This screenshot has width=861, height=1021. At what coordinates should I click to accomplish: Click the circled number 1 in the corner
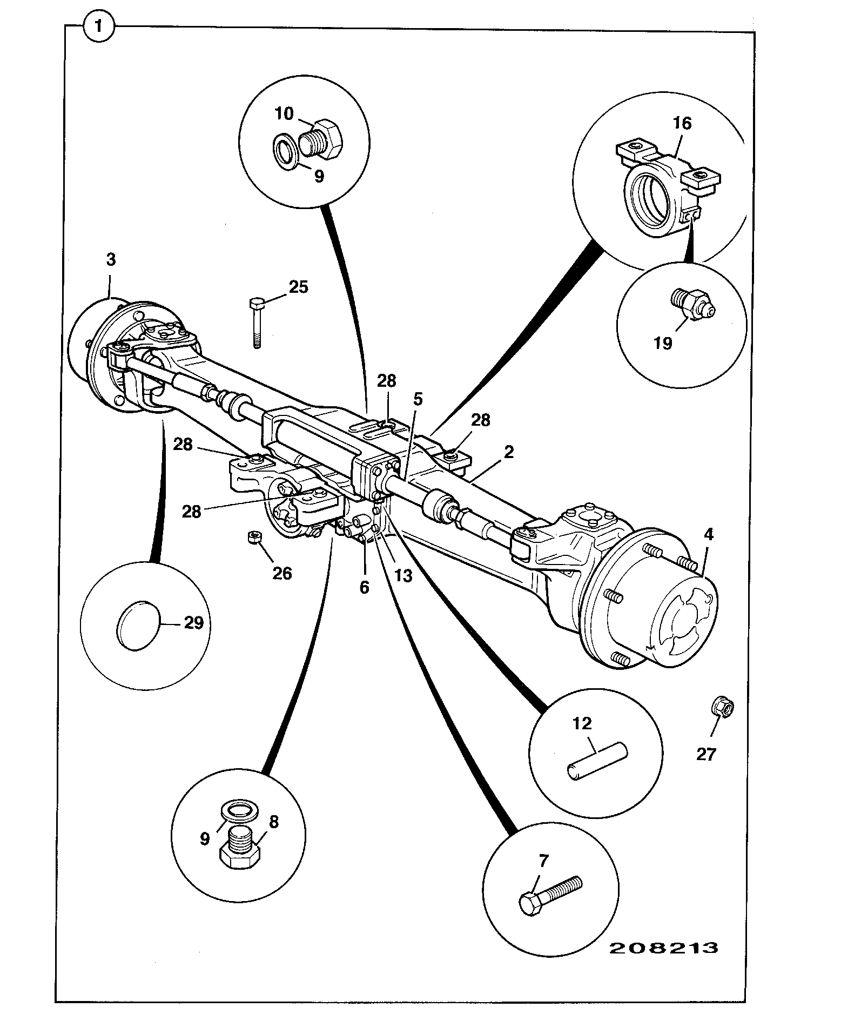pos(99,28)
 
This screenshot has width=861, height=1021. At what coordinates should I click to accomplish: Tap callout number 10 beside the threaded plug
pos(284,113)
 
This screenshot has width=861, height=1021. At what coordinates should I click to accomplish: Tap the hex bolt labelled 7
pos(550,898)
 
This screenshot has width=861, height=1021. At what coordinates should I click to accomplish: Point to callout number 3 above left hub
pos(111,260)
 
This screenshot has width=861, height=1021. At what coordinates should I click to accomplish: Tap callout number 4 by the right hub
pos(709,535)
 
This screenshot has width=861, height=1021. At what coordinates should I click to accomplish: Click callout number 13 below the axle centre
pos(403,576)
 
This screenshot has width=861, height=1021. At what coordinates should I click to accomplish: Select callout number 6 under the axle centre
pos(365,587)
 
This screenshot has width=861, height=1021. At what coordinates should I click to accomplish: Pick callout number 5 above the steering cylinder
pos(418,399)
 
